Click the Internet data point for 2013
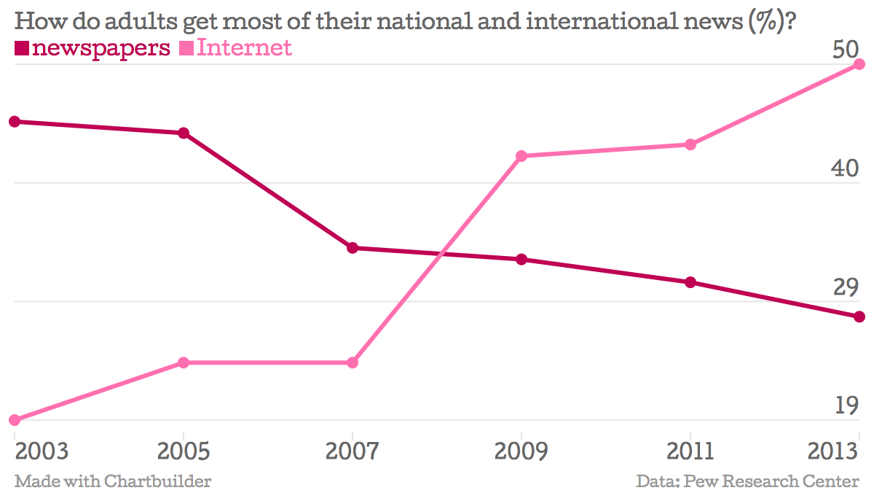pyautogui.click(x=859, y=64)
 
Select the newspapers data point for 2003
pyautogui.click(x=15, y=121)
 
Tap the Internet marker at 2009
pyautogui.click(x=521, y=156)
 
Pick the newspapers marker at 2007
pyautogui.click(x=353, y=248)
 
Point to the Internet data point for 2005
pyautogui.click(x=184, y=362)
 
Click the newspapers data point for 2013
pyautogui.click(x=859, y=317)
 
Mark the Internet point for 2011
pyautogui.click(x=690, y=144)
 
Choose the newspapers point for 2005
pyautogui.click(x=184, y=133)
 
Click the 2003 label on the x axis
pyautogui.click(x=42, y=451)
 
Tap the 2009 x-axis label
pyautogui.click(x=521, y=451)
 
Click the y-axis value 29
pyautogui.click(x=846, y=287)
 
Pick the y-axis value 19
pyautogui.click(x=846, y=405)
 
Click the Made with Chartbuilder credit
pyautogui.click(x=113, y=481)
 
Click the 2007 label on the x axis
pyautogui.click(x=353, y=451)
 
